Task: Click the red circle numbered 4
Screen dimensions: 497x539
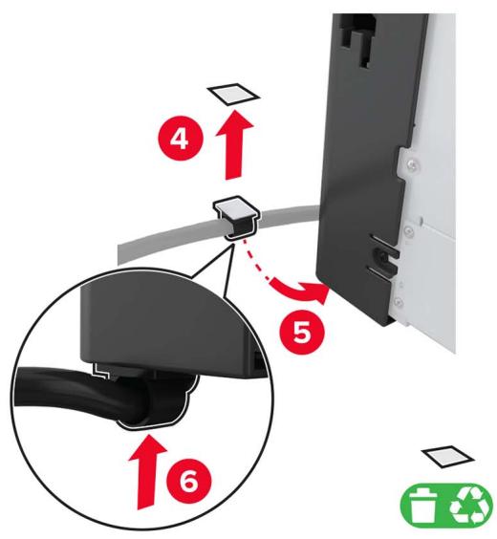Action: [x=180, y=139]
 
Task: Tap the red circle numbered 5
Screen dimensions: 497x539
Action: [x=302, y=332]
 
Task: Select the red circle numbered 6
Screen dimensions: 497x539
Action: [x=188, y=480]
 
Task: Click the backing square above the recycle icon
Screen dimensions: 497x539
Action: [x=448, y=457]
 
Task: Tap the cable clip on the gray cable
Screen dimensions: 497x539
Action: [x=236, y=218]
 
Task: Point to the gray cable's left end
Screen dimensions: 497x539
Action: [x=120, y=254]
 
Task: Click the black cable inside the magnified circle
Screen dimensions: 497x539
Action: [x=86, y=388]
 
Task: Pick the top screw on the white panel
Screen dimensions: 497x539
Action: [x=411, y=166]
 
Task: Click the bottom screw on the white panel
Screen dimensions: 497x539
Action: [x=399, y=302]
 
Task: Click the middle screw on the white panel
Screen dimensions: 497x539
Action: [x=408, y=230]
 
